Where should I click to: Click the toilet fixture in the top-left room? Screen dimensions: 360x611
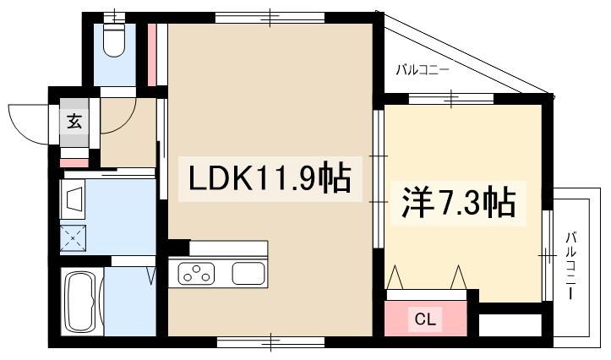point(112,37)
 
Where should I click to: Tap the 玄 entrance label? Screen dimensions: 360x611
point(74,121)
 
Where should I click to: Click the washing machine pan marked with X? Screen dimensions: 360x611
point(74,239)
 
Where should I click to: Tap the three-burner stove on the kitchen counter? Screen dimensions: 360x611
point(198,273)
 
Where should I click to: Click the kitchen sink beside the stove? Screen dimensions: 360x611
point(248,273)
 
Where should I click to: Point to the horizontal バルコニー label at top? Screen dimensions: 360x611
point(423,70)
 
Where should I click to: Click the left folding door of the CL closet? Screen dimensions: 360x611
point(398,278)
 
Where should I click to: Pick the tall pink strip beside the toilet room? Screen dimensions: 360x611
point(152,54)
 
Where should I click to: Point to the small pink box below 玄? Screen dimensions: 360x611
point(74,161)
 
